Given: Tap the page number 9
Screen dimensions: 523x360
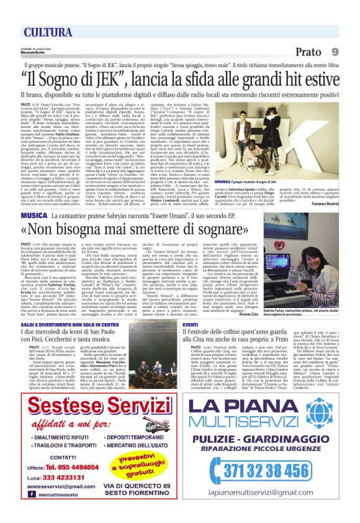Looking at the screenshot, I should coord(335,52).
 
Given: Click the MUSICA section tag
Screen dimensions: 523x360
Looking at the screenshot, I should coord(34,197).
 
